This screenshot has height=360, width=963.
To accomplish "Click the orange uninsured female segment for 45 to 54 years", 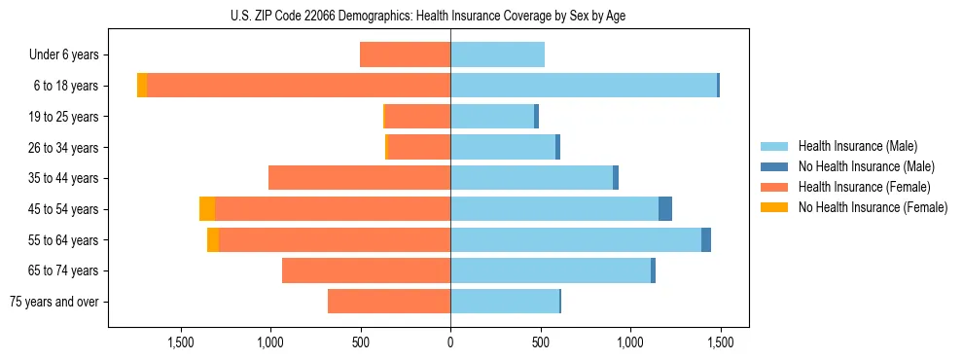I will coord(207,209).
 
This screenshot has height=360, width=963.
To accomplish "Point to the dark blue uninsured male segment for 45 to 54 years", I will coord(665,209).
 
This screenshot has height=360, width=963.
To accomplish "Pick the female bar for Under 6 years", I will coord(405,54).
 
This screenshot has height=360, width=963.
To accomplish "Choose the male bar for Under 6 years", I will coord(497,54).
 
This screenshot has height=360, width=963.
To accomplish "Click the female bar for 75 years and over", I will coord(389,302).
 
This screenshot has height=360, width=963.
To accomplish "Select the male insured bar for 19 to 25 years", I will coord(492,117).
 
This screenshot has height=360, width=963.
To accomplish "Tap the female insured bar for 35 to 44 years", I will coord(359,178).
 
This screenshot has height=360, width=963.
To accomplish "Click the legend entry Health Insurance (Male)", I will coord(857,146).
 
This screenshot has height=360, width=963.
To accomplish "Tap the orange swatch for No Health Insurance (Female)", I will coord(774,207).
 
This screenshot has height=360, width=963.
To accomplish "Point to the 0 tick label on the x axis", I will coord(450,342).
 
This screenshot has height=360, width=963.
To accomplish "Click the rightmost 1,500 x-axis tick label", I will coord(720,342).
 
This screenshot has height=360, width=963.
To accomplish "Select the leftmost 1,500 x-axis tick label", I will coord(181,342).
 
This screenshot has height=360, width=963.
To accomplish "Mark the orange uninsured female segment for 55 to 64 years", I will coord(213,239).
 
